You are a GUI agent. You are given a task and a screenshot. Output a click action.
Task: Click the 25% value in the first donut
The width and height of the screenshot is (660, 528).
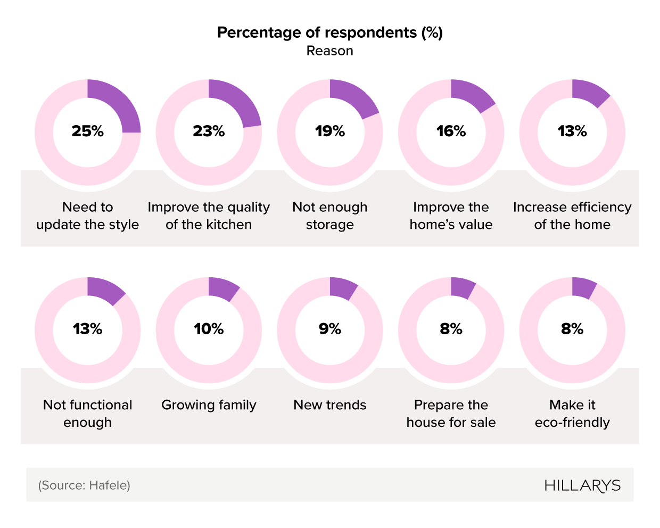pyautogui.click(x=88, y=131)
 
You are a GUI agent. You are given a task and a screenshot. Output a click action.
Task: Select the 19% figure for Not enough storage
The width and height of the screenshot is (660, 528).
pyautogui.click(x=330, y=131)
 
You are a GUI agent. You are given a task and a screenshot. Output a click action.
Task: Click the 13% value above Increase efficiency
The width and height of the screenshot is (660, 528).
pyautogui.click(x=572, y=131)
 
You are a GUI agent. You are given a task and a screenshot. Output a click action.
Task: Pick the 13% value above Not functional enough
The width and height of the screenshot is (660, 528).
pyautogui.click(x=88, y=329)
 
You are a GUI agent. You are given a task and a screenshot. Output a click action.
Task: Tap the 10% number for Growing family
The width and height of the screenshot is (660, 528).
pyautogui.click(x=209, y=329)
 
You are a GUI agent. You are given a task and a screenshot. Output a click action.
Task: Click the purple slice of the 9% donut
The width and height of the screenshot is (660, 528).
pyautogui.click(x=342, y=287)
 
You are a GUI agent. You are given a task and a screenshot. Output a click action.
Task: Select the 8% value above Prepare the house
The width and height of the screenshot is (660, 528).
pyautogui.click(x=451, y=329)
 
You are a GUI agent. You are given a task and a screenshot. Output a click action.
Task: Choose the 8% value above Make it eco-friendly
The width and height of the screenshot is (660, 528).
pyautogui.click(x=572, y=329)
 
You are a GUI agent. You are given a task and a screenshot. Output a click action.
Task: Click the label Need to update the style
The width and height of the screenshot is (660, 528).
pyautogui.click(x=88, y=216)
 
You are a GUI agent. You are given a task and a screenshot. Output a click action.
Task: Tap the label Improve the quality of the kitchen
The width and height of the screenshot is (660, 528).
pyautogui.click(x=209, y=216)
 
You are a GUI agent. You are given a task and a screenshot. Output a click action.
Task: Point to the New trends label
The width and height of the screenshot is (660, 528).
pyautogui.click(x=330, y=405)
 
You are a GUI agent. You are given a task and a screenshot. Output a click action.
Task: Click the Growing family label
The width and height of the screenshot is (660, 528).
pyautogui.click(x=209, y=405)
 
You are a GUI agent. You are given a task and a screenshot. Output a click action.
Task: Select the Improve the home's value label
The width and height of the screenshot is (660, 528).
pyautogui.click(x=451, y=216)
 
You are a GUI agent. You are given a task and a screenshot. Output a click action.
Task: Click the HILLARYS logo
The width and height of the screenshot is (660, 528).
pyautogui.click(x=582, y=485)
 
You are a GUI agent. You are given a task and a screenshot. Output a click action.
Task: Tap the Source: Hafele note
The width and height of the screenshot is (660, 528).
pyautogui.click(x=84, y=485)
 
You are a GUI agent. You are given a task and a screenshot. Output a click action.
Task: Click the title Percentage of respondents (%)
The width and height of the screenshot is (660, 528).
pyautogui.click(x=330, y=32)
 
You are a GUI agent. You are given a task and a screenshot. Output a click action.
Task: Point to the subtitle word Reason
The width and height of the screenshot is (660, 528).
pyautogui.click(x=330, y=51)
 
